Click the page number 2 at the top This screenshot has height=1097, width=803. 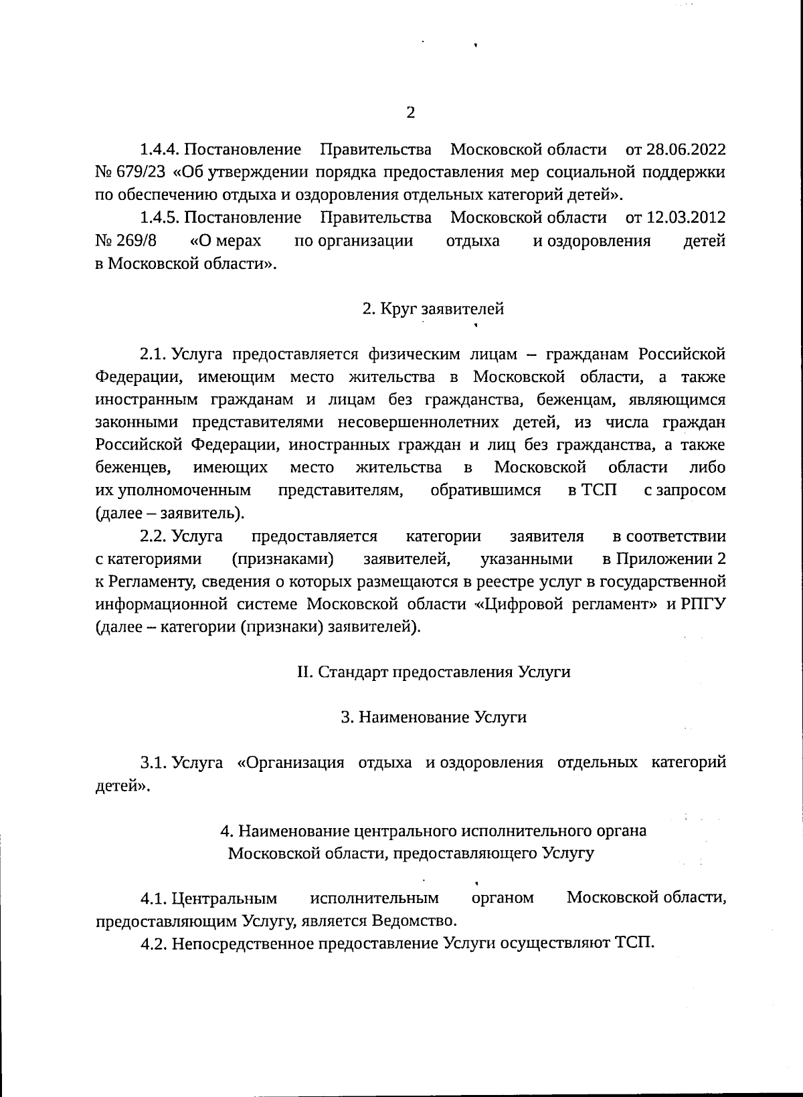click(x=411, y=112)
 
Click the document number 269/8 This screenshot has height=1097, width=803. click(x=137, y=241)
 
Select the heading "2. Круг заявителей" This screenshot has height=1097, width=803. click(x=433, y=309)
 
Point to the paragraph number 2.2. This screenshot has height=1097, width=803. click(x=154, y=536)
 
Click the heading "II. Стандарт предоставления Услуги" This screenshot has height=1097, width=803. click(x=434, y=672)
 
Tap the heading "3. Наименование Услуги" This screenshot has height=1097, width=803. click(x=434, y=718)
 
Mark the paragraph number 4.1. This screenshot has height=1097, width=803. click(x=154, y=898)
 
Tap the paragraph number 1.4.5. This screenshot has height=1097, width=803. click(x=161, y=217)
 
